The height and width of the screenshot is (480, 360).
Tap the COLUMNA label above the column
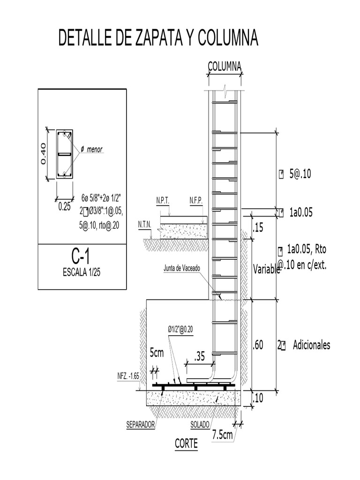(225, 67)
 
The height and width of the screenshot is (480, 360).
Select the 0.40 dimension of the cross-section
(44, 153)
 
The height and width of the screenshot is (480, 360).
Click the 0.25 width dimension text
(65, 207)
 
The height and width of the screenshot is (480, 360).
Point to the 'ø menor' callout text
(91, 150)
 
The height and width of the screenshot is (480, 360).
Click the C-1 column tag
(81, 256)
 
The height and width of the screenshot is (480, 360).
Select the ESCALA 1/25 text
(82, 272)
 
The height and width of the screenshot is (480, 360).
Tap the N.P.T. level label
(163, 201)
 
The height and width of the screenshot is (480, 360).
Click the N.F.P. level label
(196, 201)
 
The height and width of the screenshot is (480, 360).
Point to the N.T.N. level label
(144, 225)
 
